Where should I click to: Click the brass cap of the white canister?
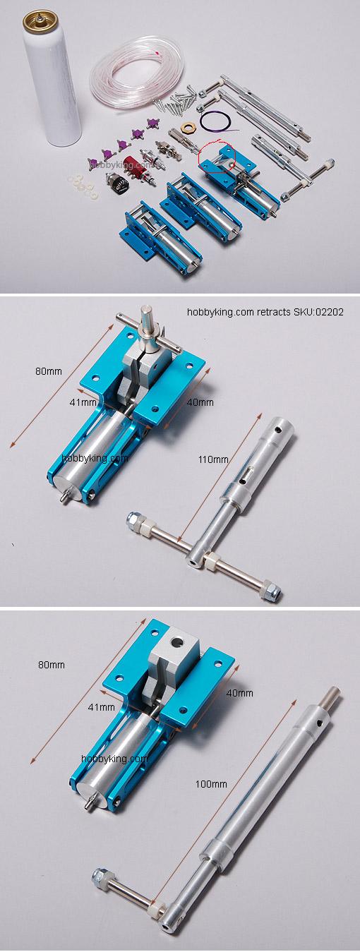tap(40, 21)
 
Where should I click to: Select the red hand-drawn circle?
tap(215, 157)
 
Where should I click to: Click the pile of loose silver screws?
tap(174, 100)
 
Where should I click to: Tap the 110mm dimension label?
tap(213, 459)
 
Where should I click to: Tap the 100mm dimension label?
tap(211, 784)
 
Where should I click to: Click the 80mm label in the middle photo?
tap(49, 371)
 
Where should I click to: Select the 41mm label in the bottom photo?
tap(101, 707)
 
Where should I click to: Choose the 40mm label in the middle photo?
tap(200, 402)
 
